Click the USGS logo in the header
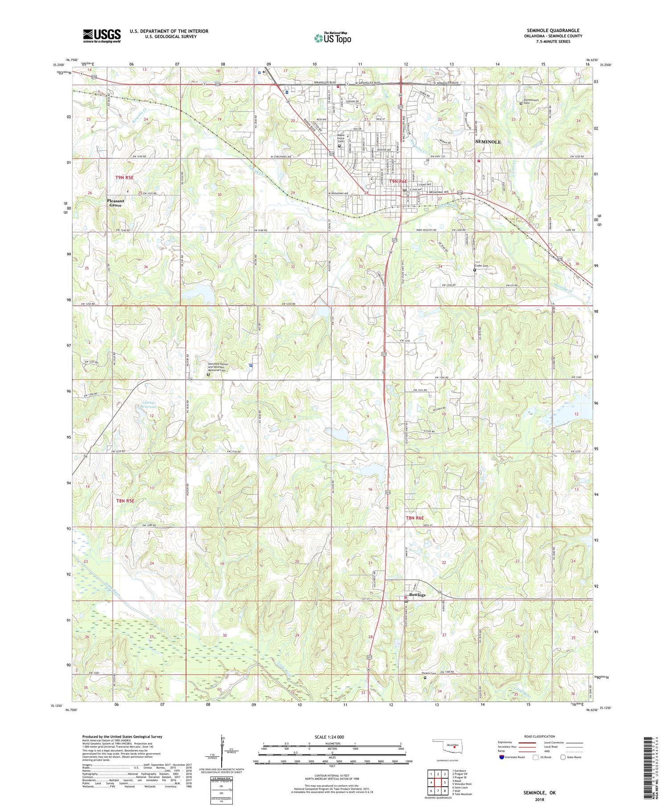coord(102,36)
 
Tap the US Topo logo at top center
coord(332,38)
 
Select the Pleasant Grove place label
coord(116,203)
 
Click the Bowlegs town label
coord(417,595)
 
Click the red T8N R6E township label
coord(416,518)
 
